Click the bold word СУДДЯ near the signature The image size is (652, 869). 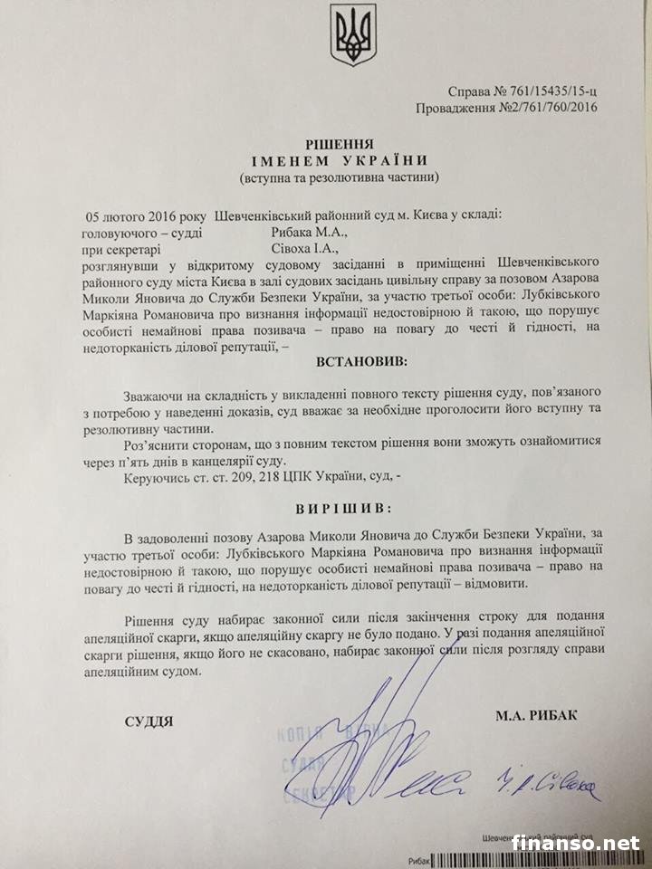click(149, 721)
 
